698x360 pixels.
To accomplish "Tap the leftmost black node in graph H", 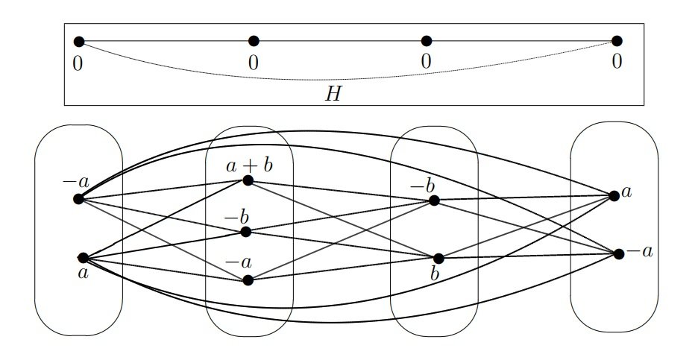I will coord(79,42).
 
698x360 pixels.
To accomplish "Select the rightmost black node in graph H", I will coord(617,41).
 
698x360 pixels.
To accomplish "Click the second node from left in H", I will coord(254,41).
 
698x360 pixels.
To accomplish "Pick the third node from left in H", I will coord(427,41).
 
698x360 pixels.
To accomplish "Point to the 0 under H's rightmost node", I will coord(617,63).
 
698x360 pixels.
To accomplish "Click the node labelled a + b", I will coord(248,180).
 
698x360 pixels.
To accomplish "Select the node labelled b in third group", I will coord(438,259).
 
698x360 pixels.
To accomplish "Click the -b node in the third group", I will coord(434,200).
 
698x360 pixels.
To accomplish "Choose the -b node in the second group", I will coord(246,232).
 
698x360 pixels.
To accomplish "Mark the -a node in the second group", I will coord(248,280).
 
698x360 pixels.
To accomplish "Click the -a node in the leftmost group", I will coord(78,199).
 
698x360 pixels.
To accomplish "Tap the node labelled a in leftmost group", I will coord(83,257).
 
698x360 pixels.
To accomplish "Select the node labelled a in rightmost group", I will coord(614,196).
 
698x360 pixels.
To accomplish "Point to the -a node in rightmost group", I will coord(619,253).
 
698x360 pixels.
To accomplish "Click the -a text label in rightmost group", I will coord(640,252).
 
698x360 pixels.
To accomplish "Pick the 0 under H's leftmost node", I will coord(78,63).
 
